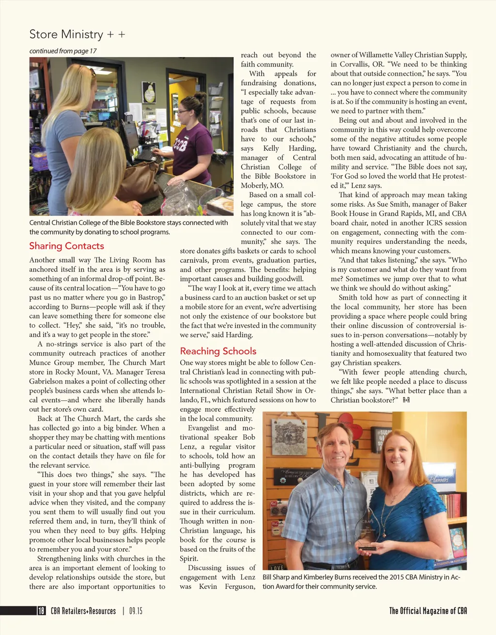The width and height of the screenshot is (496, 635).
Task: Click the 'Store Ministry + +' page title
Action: coord(77,34)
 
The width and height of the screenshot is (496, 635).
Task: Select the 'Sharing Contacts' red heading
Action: coord(66,246)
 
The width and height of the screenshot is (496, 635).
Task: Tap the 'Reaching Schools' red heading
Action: coord(218,351)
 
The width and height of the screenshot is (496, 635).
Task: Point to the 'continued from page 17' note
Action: coord(63,51)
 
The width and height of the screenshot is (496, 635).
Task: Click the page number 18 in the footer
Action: coord(41,611)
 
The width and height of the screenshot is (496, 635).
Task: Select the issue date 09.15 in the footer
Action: coord(136,611)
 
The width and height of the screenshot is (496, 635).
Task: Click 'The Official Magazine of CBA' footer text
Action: coord(428,611)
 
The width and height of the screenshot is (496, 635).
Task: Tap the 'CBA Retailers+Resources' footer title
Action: coord(83,611)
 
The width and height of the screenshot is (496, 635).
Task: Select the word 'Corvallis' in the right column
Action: coord(347,64)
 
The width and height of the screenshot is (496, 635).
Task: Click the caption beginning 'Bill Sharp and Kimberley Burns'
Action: coord(361,582)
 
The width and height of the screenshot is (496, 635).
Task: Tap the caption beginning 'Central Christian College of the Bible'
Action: coord(128,227)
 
